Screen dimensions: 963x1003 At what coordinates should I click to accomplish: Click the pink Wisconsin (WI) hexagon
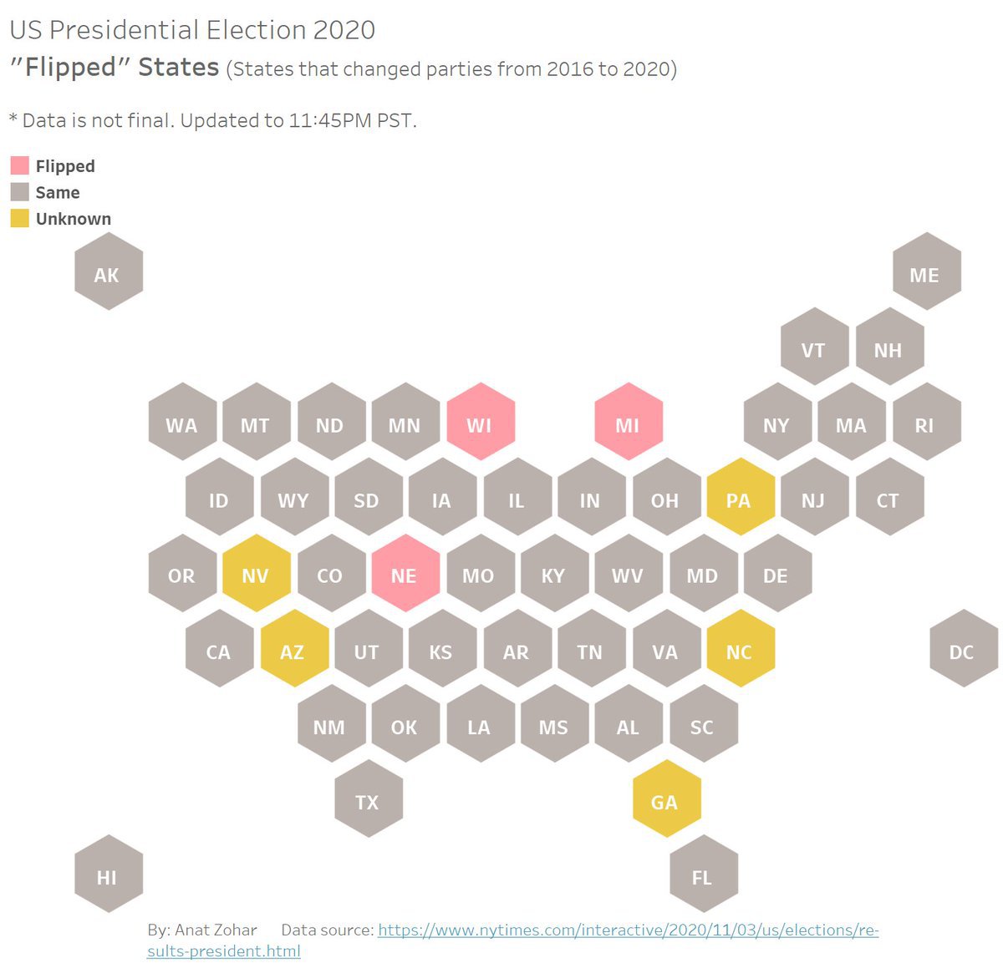(x=480, y=422)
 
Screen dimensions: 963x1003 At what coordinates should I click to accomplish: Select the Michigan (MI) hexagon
(x=629, y=422)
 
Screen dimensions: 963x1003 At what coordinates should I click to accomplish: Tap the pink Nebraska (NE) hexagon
(x=405, y=573)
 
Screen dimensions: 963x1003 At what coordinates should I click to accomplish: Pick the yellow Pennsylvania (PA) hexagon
(x=740, y=497)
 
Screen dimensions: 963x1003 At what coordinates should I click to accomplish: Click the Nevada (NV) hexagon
(x=257, y=573)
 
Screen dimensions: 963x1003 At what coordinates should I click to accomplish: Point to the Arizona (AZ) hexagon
(x=293, y=649)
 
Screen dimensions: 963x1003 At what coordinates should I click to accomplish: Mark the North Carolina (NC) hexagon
(x=740, y=649)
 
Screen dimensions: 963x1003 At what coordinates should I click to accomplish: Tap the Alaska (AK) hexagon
(x=109, y=271)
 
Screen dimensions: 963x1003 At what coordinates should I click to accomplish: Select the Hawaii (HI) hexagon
(x=109, y=874)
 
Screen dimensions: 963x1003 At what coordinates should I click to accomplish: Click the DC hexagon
(x=963, y=649)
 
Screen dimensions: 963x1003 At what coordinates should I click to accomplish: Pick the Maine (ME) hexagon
(x=926, y=271)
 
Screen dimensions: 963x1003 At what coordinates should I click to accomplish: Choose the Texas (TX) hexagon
(x=369, y=799)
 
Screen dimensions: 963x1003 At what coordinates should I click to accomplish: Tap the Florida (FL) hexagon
(x=703, y=874)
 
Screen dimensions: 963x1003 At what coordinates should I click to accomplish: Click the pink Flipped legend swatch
(x=19, y=165)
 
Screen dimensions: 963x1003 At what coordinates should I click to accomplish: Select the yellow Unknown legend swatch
(x=19, y=218)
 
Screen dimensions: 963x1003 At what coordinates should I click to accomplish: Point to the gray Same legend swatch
(x=19, y=191)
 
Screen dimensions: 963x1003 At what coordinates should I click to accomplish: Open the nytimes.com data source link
(x=627, y=930)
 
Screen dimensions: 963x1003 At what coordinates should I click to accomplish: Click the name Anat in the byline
(x=191, y=930)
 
